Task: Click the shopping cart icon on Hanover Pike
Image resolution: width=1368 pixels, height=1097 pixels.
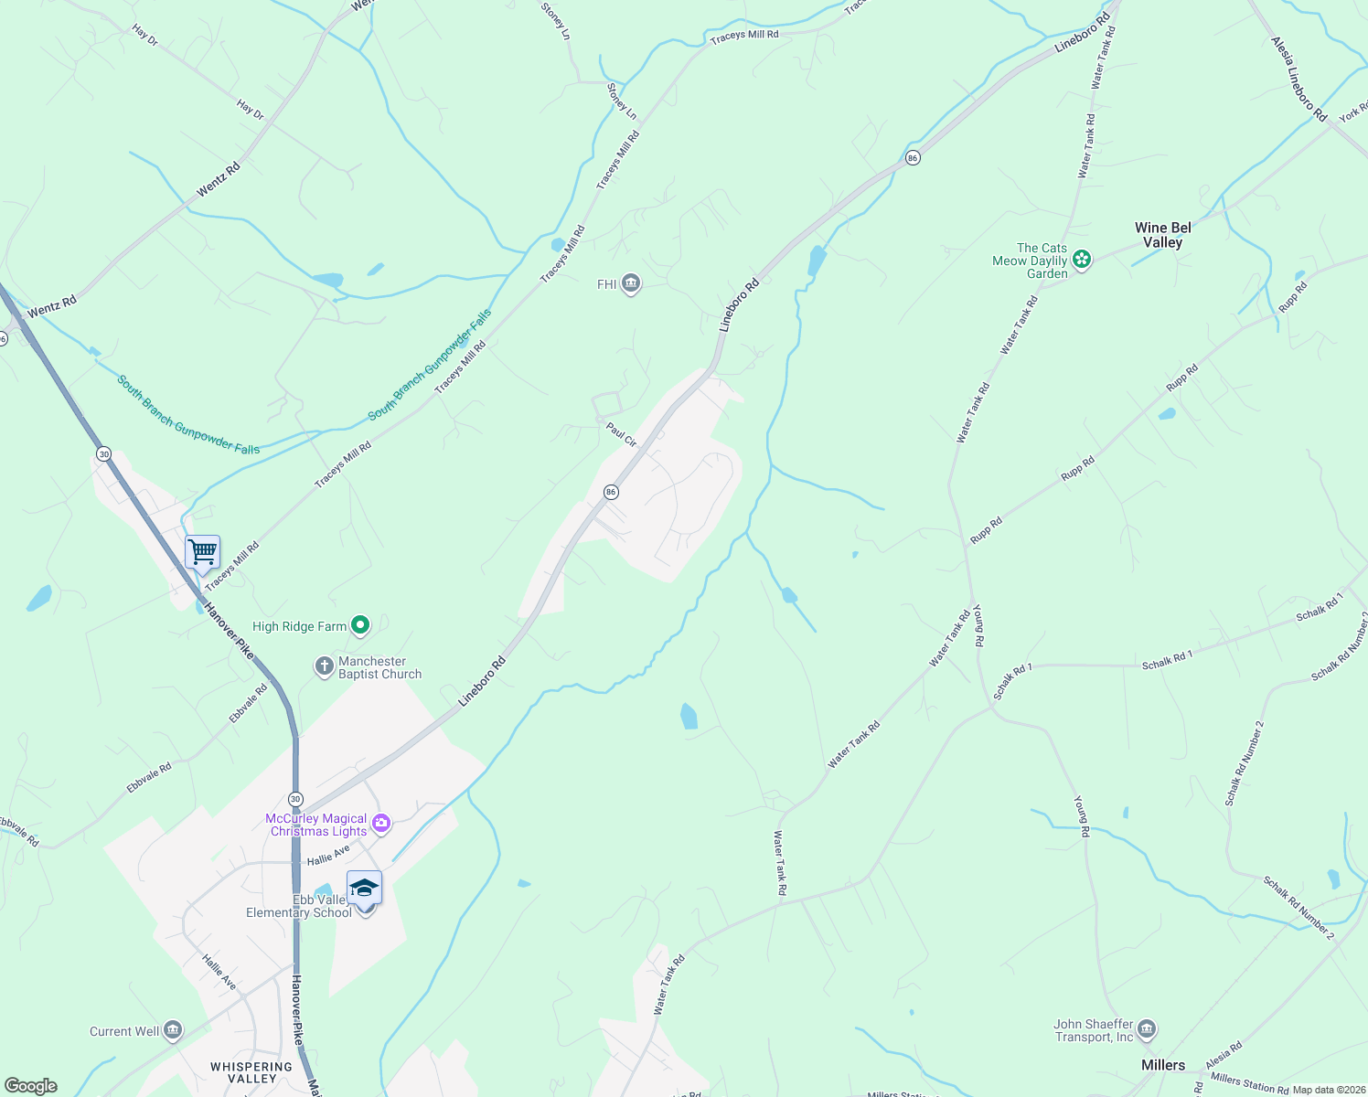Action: point(202,552)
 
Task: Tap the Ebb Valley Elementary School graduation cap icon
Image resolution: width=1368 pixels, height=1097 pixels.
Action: point(364,888)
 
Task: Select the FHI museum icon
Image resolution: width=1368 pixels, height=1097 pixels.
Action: point(630,284)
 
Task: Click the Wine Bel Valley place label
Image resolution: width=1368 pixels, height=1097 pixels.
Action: point(1163,235)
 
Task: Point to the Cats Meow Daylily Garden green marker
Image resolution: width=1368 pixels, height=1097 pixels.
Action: point(1082,260)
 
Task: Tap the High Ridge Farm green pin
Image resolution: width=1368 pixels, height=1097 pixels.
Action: point(361,625)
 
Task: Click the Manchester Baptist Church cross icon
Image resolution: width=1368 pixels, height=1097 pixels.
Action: point(324,666)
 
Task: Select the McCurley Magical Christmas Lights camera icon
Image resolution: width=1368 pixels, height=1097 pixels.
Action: point(382,824)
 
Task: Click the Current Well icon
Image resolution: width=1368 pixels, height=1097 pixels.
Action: point(172,1031)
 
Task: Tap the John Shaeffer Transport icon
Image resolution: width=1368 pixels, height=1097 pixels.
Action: point(1147,1030)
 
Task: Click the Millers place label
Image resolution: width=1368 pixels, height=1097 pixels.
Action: point(1163,1065)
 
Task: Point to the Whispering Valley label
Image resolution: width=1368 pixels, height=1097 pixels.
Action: point(251,1072)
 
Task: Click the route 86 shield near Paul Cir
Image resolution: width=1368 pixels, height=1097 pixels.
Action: point(611,492)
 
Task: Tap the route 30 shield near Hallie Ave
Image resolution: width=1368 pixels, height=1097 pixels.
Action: point(295,799)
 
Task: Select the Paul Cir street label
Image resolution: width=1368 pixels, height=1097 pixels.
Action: point(622,434)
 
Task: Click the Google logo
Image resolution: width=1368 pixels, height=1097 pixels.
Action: point(31,1085)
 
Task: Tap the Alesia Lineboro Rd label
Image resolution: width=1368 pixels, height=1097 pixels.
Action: point(1299,79)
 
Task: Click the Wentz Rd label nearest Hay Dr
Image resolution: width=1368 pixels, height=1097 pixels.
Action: point(219,179)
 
